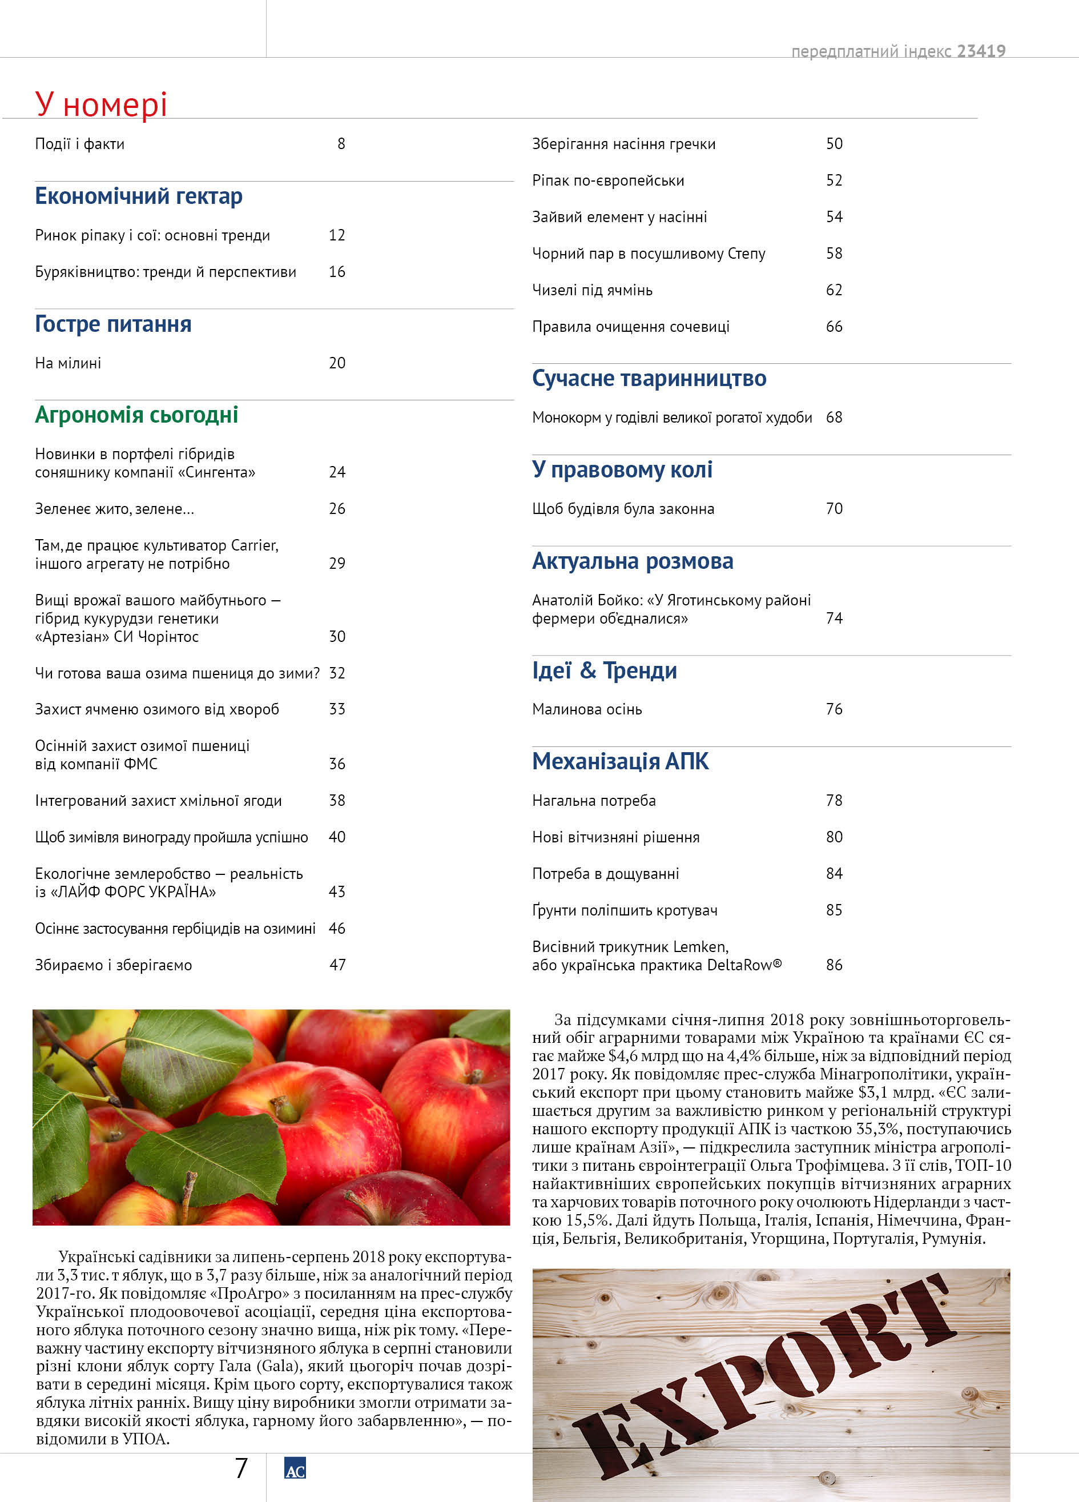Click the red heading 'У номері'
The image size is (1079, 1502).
[x=100, y=105]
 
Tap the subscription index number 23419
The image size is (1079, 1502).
[x=981, y=51]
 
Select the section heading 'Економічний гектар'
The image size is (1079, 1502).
[x=138, y=196]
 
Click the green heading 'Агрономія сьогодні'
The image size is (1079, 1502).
[x=136, y=415]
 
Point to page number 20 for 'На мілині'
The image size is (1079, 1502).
[x=337, y=363]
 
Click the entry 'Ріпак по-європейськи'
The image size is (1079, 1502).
[x=607, y=180]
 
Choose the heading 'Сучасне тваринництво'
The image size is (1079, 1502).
[x=649, y=378]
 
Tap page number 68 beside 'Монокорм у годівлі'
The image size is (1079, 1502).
[x=834, y=417]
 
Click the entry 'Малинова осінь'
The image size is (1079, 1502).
[x=586, y=709]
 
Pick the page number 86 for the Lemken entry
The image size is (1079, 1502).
[x=834, y=965]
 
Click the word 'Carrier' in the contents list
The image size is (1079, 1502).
[x=253, y=545]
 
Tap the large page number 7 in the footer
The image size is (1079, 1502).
[x=241, y=1468]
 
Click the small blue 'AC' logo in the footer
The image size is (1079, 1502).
[x=295, y=1468]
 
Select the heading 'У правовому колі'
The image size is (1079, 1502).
[x=622, y=469]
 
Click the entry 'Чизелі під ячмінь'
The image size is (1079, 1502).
[x=592, y=290]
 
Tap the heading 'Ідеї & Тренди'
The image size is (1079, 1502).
[x=605, y=670]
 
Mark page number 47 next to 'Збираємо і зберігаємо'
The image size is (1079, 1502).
[x=337, y=965]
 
